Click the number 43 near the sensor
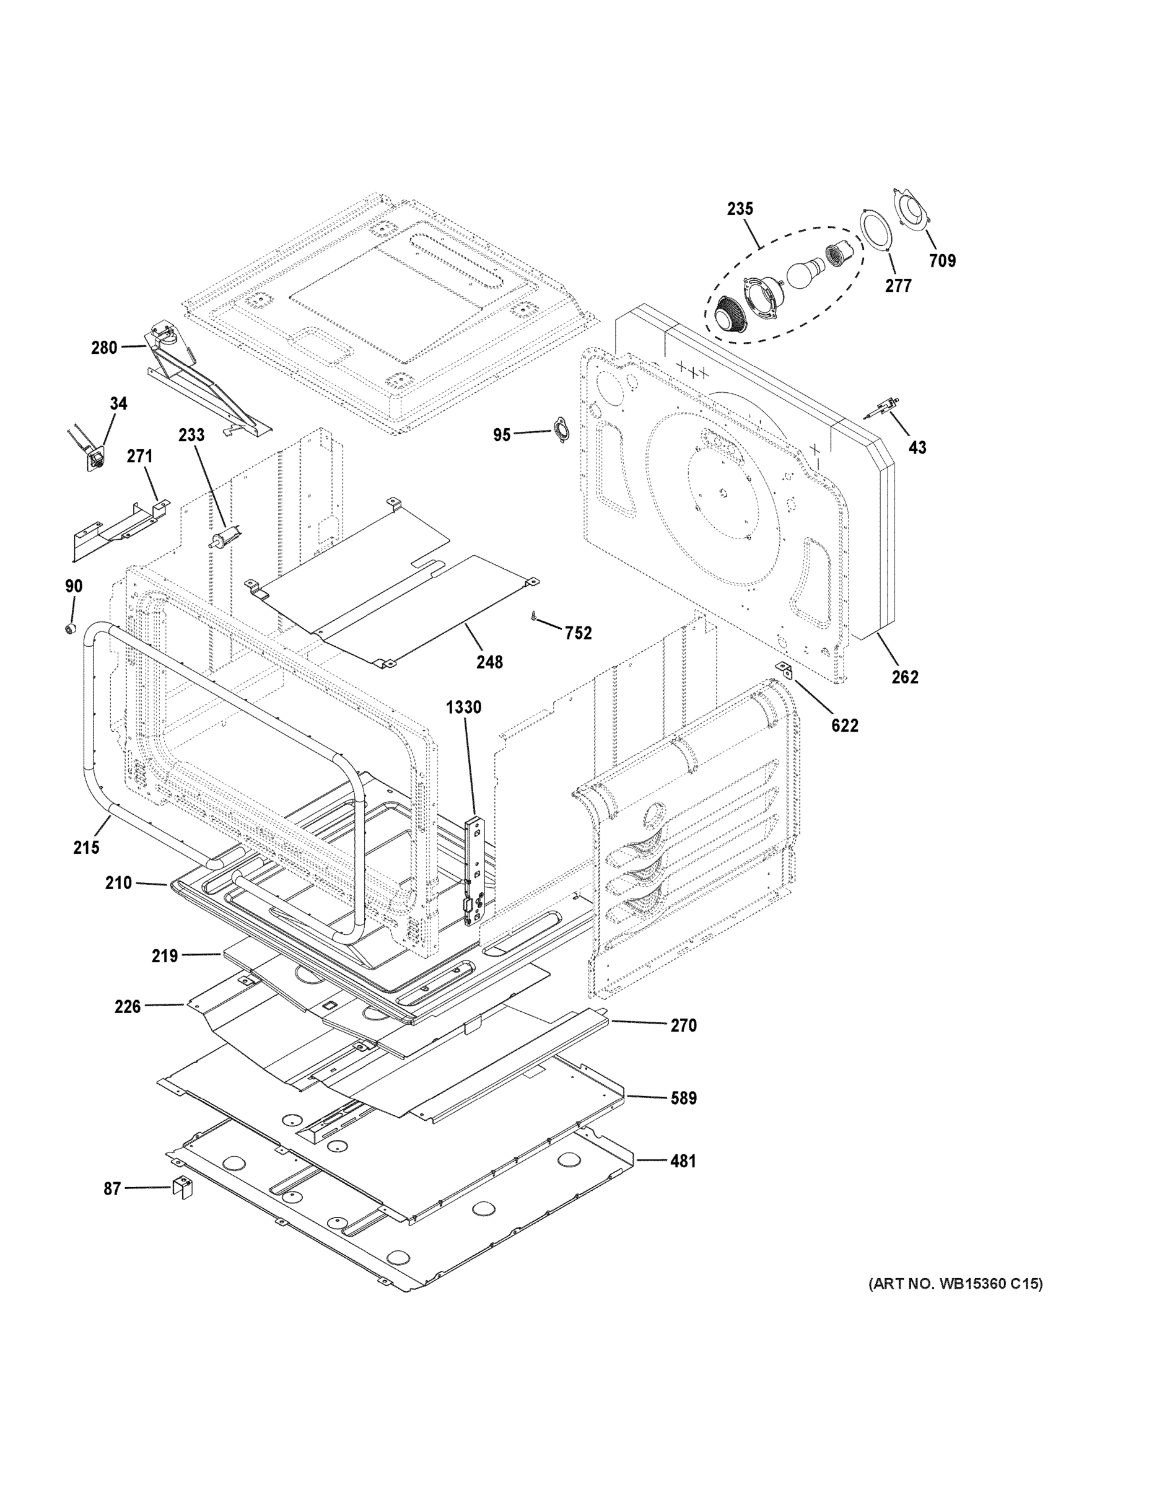[x=917, y=447]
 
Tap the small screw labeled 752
[x=535, y=616]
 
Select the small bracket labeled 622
[x=786, y=670]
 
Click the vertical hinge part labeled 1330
[x=474, y=872]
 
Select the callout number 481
[x=683, y=1161]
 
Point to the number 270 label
[x=683, y=1025]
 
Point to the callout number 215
[x=87, y=848]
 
